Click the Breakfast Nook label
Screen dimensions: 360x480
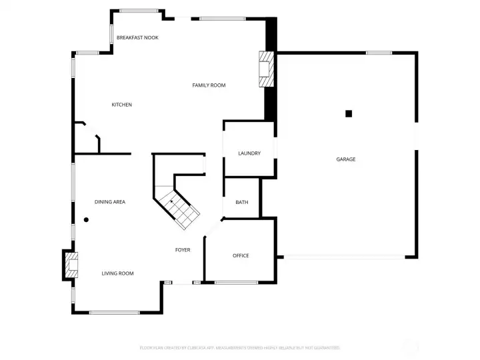pos(137,38)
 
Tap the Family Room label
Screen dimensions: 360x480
pos(209,85)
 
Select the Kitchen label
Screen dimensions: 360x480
pos(121,105)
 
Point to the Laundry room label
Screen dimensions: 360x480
pos(249,153)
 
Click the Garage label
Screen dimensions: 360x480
pos(345,159)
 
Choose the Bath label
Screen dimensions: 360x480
pos(241,202)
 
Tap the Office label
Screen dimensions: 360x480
pos(241,256)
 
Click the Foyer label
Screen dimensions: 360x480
pos(183,250)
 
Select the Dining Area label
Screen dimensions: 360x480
pos(110,202)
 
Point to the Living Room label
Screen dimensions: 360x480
pos(118,273)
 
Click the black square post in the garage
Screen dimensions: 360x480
pos(348,114)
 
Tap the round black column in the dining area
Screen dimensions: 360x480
pos(86,220)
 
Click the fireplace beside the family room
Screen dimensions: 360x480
pos(266,69)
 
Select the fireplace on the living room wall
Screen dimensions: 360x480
pos(70,264)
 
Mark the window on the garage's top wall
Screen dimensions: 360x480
pos(379,53)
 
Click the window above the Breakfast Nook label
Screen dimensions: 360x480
pos(139,11)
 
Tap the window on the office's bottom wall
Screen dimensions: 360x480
pos(236,283)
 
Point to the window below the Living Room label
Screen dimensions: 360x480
pos(114,312)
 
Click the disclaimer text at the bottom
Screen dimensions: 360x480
pos(240,348)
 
